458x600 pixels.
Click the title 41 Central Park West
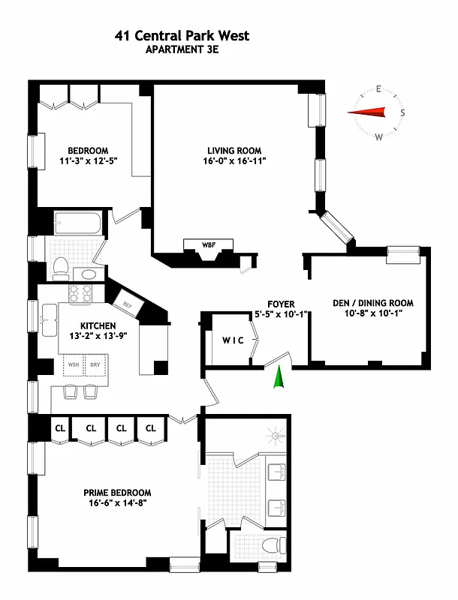click(182, 35)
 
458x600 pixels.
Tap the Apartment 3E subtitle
click(182, 50)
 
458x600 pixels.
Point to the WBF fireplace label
click(208, 244)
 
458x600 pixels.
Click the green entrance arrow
click(279, 377)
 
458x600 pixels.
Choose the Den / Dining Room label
click(373, 304)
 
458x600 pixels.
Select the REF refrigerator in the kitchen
click(127, 304)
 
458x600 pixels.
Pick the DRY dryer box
click(95, 365)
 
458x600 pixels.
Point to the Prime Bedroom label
click(117, 493)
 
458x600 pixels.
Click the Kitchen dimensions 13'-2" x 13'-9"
click(98, 337)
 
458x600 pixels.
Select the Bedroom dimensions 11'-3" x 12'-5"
click(89, 160)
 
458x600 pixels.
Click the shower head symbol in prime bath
click(277, 434)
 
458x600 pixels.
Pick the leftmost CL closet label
click(60, 428)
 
